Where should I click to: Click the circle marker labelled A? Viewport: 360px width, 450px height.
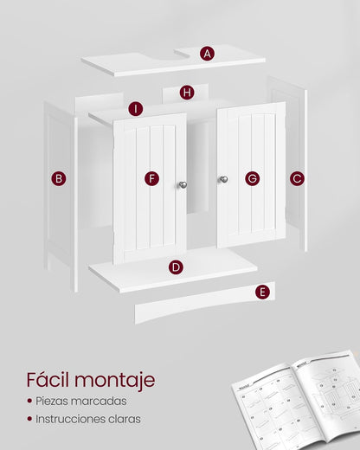click(207, 54)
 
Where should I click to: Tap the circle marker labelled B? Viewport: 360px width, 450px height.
click(59, 179)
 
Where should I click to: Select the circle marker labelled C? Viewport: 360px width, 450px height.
click(297, 178)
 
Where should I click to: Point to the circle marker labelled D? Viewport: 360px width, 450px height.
click(176, 267)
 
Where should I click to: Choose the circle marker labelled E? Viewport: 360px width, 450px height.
click(262, 292)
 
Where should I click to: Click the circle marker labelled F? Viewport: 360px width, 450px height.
click(152, 178)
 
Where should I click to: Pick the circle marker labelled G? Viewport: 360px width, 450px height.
click(252, 178)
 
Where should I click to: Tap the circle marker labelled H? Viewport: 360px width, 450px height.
click(187, 93)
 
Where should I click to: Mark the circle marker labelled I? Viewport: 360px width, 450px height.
click(135, 109)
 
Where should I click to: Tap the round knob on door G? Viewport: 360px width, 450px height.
click(223, 179)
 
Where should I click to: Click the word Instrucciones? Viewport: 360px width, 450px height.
click(69, 419)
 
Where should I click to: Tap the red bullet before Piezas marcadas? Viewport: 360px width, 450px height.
click(29, 402)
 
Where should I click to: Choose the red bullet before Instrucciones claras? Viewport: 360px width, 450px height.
click(29, 419)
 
